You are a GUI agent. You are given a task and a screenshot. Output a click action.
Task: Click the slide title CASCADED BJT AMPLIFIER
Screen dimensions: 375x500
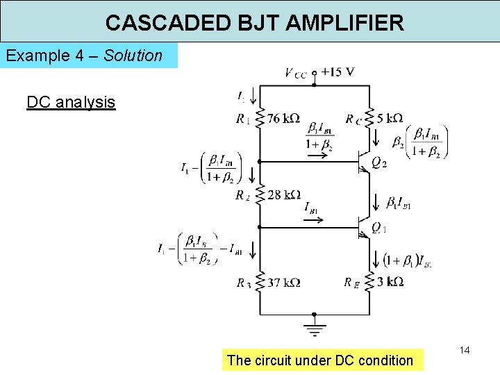[x=254, y=23]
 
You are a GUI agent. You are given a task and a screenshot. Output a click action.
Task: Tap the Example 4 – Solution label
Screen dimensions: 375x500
[x=84, y=56]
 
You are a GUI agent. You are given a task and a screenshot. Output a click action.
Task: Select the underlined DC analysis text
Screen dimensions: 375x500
[x=71, y=103]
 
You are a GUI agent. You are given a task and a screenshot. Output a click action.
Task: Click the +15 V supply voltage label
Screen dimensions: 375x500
[x=338, y=72]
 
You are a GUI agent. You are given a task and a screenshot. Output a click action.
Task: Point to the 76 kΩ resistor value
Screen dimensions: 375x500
[x=283, y=118]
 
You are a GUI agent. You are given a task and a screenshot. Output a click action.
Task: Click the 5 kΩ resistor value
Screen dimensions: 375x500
[x=390, y=118]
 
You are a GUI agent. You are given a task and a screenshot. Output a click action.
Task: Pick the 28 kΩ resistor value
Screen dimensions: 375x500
[x=283, y=194]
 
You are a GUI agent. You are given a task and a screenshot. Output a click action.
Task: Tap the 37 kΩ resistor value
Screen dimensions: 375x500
[x=283, y=283]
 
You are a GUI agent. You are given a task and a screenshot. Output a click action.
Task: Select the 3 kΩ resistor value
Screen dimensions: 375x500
[x=390, y=282]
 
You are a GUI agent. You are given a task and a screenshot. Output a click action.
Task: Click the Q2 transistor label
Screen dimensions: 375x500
[x=378, y=163]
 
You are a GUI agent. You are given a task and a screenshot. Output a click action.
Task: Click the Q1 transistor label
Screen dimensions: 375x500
[x=378, y=228]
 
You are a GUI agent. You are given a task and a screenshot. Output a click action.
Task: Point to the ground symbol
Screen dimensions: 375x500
[x=315, y=329]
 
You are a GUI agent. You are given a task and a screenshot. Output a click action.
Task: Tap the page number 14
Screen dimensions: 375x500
[x=465, y=351]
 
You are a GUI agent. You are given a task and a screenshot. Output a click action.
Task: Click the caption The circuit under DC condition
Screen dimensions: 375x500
[x=319, y=360]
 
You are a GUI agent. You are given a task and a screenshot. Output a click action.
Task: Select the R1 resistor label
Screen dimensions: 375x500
[x=243, y=119]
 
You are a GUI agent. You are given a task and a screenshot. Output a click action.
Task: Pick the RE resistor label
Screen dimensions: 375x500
[x=352, y=282]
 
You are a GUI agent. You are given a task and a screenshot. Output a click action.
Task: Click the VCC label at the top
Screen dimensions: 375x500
[x=295, y=72]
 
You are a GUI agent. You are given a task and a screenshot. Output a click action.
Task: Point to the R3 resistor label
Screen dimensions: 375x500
[x=243, y=283]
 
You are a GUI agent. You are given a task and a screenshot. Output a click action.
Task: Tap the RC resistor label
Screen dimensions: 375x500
[x=353, y=119]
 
